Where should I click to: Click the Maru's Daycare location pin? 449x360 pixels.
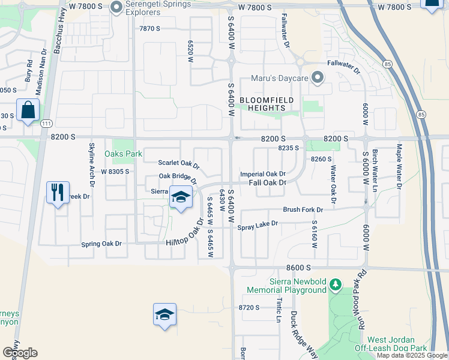pyautogui.click(x=318, y=78)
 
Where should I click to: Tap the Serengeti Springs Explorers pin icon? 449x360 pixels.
pyautogui.click(x=116, y=8)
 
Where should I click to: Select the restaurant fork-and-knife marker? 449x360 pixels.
pyautogui.click(x=58, y=193)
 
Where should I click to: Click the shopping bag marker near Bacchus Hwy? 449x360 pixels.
pyautogui.click(x=28, y=110)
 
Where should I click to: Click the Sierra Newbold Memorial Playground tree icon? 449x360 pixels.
pyautogui.click(x=337, y=283)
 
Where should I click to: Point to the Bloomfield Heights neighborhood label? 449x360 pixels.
pyautogui.click(x=262, y=103)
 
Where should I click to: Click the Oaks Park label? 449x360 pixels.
pyautogui.click(x=123, y=154)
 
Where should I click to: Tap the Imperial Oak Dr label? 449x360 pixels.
pyautogui.click(x=262, y=174)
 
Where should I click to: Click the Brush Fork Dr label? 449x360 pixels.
pyautogui.click(x=303, y=210)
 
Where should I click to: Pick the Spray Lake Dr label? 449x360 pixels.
pyautogui.click(x=258, y=224)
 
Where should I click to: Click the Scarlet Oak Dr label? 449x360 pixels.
pyautogui.click(x=178, y=163)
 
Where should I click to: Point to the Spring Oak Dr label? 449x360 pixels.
pyautogui.click(x=101, y=244)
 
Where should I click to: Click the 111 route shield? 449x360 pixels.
pyautogui.click(x=46, y=123)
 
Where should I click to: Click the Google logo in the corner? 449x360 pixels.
pyautogui.click(x=20, y=353)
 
